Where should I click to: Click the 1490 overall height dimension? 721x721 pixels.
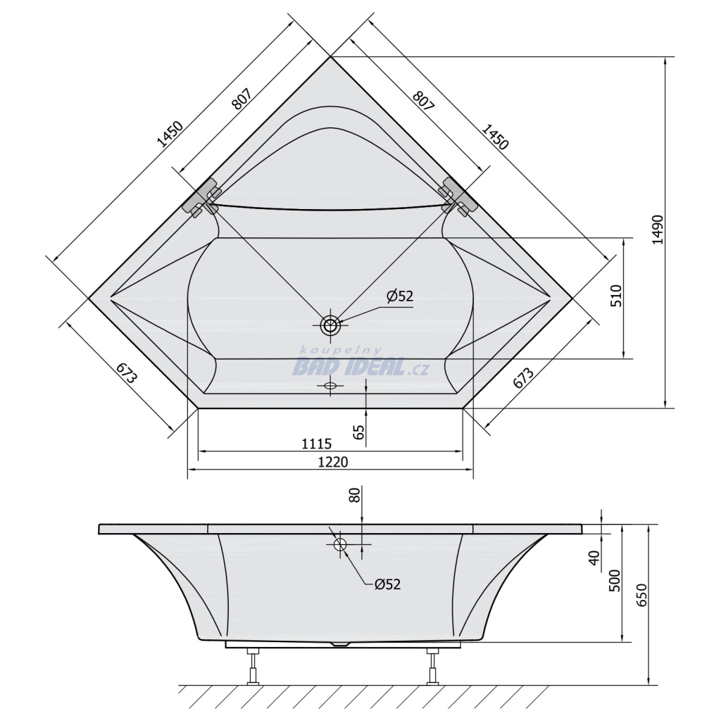click(x=658, y=230)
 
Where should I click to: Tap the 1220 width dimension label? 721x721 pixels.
click(x=333, y=461)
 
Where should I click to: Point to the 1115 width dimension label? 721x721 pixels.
click(x=316, y=444)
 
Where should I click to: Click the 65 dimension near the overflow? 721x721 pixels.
click(x=359, y=432)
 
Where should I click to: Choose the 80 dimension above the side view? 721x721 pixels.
click(x=355, y=495)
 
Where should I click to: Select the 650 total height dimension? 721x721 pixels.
click(x=641, y=595)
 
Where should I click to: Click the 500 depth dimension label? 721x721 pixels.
click(x=615, y=580)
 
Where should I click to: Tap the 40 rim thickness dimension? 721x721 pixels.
click(x=594, y=558)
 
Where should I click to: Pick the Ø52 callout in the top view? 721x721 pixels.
click(x=400, y=296)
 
